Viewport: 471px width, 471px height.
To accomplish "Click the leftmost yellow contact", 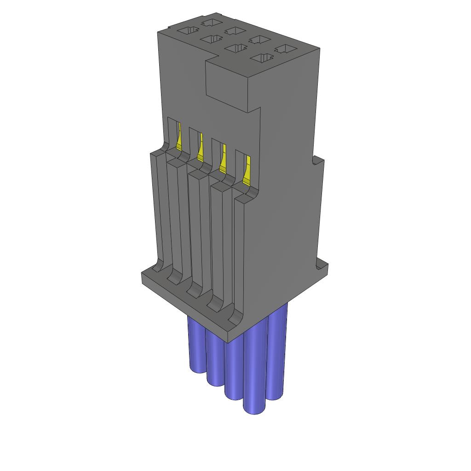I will pyautogui.click(x=179, y=138).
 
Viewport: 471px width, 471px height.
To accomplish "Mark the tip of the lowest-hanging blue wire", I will pyautogui.click(x=254, y=409).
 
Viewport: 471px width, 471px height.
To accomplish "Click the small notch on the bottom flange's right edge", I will pyautogui.click(x=319, y=266).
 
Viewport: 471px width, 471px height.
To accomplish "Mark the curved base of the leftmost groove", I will pyautogui.click(x=158, y=267).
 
